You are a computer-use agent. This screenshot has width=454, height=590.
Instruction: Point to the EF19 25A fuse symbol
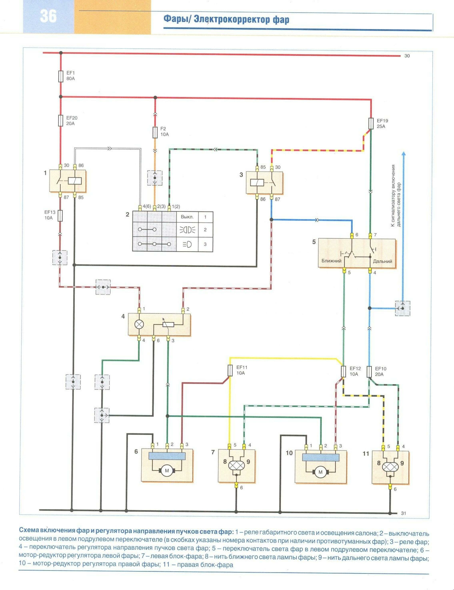click(x=371, y=123)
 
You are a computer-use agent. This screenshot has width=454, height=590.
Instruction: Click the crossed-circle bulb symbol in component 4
click(x=139, y=325)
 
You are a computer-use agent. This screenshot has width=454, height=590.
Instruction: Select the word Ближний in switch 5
click(x=331, y=261)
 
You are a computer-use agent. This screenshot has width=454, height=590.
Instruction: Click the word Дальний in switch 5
click(x=382, y=261)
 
